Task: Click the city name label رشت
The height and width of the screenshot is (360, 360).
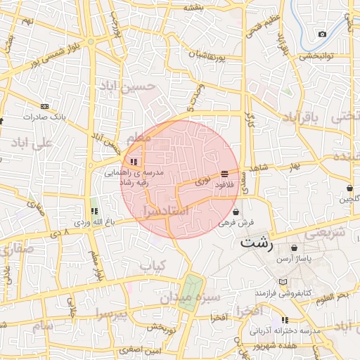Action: (257, 243)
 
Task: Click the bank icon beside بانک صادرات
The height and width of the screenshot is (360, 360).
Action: (46, 106)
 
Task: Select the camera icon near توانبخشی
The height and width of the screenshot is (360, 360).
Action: (322, 34)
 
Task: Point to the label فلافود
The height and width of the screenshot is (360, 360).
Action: (224, 184)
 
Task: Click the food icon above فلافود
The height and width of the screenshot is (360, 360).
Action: (224, 174)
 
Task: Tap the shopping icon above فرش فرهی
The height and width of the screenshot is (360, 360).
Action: (234, 211)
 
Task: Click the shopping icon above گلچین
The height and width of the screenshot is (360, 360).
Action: (349, 188)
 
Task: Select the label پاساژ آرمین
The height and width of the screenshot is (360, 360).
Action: (293, 259)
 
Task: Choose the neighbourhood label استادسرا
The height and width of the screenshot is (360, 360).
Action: (165, 210)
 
